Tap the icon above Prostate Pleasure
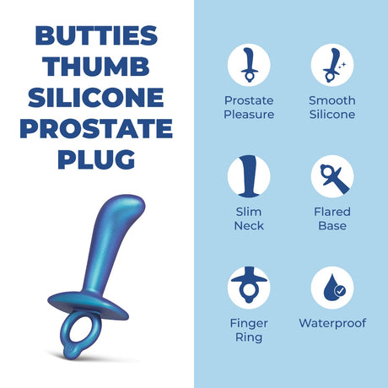pos(249,66)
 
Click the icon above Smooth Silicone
pos(332,66)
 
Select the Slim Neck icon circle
pos(249,177)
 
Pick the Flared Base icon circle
pos(332,177)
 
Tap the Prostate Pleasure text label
pos(249,107)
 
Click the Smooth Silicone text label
pos(332,107)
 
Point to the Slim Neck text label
pos(249,218)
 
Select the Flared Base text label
pos(332,218)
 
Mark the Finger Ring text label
pos(249,330)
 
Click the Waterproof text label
pos(332,323)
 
